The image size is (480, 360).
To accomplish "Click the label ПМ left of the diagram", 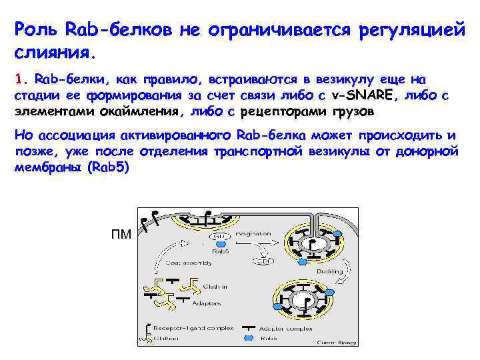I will pyautogui.click(x=121, y=235).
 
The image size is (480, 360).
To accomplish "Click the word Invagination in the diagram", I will pyautogui.click(x=253, y=234).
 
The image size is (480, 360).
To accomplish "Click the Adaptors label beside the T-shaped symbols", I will pyautogui.click(x=206, y=304).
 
